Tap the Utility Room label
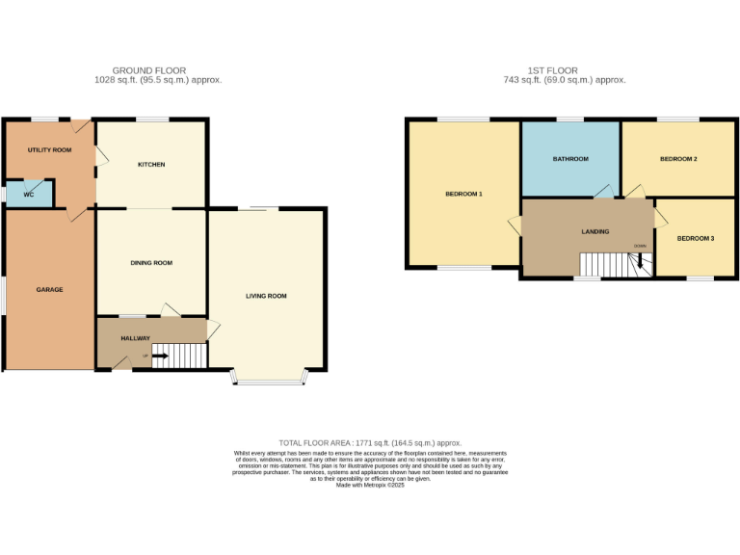tap(49, 150)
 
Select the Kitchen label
tap(151, 165)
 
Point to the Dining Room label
tap(151, 263)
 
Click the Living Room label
tap(266, 296)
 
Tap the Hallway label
tap(135, 338)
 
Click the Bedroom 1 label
tap(463, 195)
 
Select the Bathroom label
tap(570, 159)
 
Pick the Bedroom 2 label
tap(678, 159)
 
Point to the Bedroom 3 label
tap(695, 238)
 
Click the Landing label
tap(595, 232)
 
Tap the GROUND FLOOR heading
tap(149, 70)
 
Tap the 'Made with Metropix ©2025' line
tap(369, 486)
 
